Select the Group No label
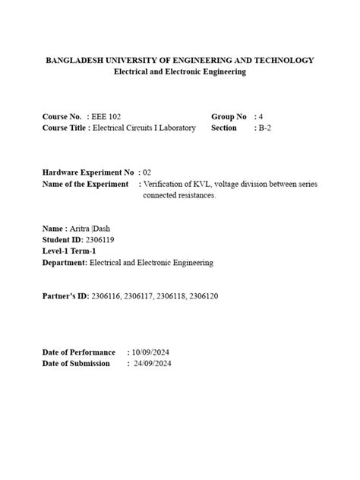[x=229, y=117]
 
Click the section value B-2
[x=267, y=128]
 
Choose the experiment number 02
[x=147, y=173]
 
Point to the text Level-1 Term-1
[x=69, y=251]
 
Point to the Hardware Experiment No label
[x=88, y=173]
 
